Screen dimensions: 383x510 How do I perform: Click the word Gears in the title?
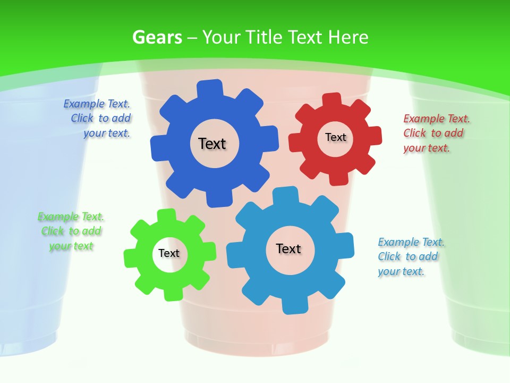coord(157,37)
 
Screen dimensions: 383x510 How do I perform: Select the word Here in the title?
coord(348,37)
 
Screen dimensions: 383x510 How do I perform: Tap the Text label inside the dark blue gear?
coord(212,144)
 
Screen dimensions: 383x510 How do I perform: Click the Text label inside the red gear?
coord(335,137)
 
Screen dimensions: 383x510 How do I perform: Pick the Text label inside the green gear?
coord(169,254)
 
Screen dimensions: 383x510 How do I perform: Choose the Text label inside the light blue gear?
coord(288,249)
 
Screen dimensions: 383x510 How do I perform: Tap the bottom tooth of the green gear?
coord(172,293)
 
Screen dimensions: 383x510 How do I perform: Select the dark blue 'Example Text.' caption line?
coord(97,104)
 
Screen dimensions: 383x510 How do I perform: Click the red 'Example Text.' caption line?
coord(437,119)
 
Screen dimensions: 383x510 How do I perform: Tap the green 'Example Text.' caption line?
coord(71,217)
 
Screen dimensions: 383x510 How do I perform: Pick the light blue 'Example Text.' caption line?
coord(411,242)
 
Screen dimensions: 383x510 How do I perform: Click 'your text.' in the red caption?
coord(426,148)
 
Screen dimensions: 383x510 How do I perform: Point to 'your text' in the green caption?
coord(71,246)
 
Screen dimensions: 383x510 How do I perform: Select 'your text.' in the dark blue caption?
coord(106,134)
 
